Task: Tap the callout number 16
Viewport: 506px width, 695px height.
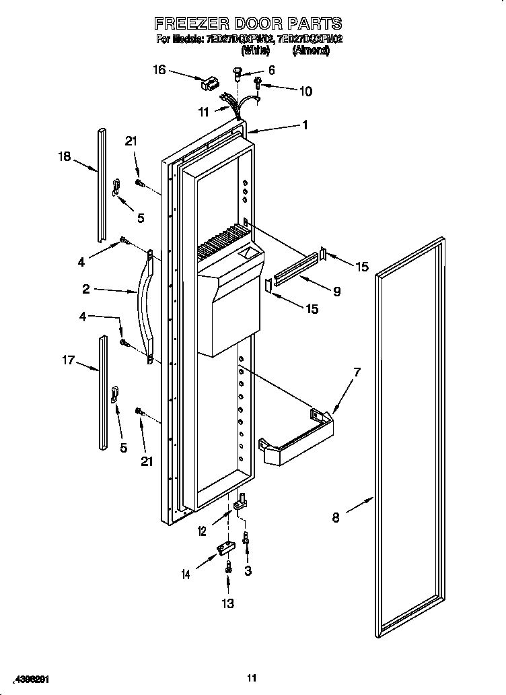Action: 158,69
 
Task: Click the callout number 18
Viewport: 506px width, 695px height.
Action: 64,157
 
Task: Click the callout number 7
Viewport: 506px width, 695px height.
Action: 357,372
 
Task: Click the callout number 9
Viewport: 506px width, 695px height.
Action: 336,292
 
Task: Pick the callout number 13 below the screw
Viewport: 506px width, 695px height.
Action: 228,603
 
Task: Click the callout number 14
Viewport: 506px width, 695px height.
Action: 185,574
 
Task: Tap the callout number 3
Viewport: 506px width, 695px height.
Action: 248,571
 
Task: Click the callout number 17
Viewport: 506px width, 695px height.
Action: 68,361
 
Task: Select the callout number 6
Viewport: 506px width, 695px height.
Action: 271,70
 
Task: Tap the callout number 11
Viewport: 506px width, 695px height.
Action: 203,113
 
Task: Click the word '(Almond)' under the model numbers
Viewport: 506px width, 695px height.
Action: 310,50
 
